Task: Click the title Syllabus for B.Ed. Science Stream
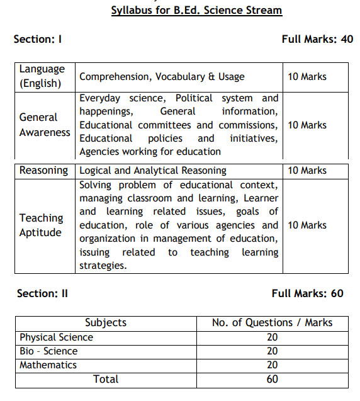[196, 10]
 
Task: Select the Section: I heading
[37, 39]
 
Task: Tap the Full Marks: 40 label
[317, 39]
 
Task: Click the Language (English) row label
[42, 76]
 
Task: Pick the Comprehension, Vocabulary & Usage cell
[162, 77]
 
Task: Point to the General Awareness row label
[45, 125]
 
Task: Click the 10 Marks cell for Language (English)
[307, 77]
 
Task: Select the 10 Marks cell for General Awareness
[307, 125]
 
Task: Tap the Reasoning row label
[43, 171]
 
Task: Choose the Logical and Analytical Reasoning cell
[153, 171]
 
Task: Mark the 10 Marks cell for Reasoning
[307, 171]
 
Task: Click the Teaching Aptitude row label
[42, 225]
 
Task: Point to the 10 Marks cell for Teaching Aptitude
[307, 225]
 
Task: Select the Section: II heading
[42, 293]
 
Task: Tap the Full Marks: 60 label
[307, 293]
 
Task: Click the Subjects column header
[106, 323]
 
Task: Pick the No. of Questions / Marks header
[272, 323]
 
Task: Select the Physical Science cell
[56, 337]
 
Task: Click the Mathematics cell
[48, 365]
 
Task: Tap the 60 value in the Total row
[272, 379]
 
